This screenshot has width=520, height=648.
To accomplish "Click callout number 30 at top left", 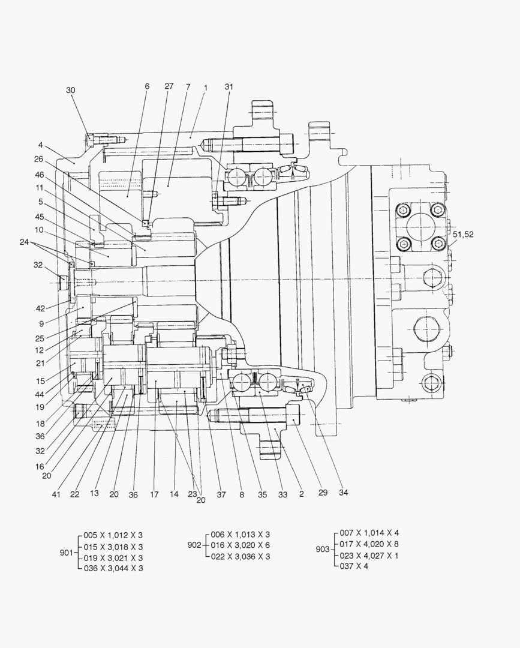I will click(x=71, y=90).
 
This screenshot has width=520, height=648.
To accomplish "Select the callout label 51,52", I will click(x=462, y=235).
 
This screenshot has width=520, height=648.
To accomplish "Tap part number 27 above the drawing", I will click(x=169, y=86).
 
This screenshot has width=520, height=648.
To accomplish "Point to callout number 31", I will click(x=229, y=86).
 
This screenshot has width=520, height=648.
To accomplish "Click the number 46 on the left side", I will click(x=39, y=175).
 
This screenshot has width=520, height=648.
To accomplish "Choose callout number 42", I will click(x=40, y=308).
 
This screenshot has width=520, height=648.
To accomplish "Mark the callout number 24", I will click(x=24, y=242).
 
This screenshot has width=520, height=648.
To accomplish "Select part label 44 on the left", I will click(x=40, y=394).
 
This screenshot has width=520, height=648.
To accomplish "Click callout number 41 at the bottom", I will click(x=56, y=494).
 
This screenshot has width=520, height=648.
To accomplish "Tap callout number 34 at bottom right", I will click(x=343, y=493).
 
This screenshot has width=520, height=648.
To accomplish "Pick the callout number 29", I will click(x=323, y=493).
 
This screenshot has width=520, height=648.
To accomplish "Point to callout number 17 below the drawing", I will click(x=154, y=494).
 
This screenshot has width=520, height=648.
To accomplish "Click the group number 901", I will click(x=66, y=553).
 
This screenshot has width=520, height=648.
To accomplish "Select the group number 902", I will click(x=194, y=545).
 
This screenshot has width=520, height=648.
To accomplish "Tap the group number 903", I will click(x=322, y=549).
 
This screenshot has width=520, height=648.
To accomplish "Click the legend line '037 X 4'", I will click(x=354, y=566).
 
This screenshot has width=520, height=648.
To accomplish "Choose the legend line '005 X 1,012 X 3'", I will click(x=112, y=535).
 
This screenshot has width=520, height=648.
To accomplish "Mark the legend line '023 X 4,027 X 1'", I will click(x=369, y=555).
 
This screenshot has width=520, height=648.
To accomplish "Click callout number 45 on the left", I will click(x=39, y=217).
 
